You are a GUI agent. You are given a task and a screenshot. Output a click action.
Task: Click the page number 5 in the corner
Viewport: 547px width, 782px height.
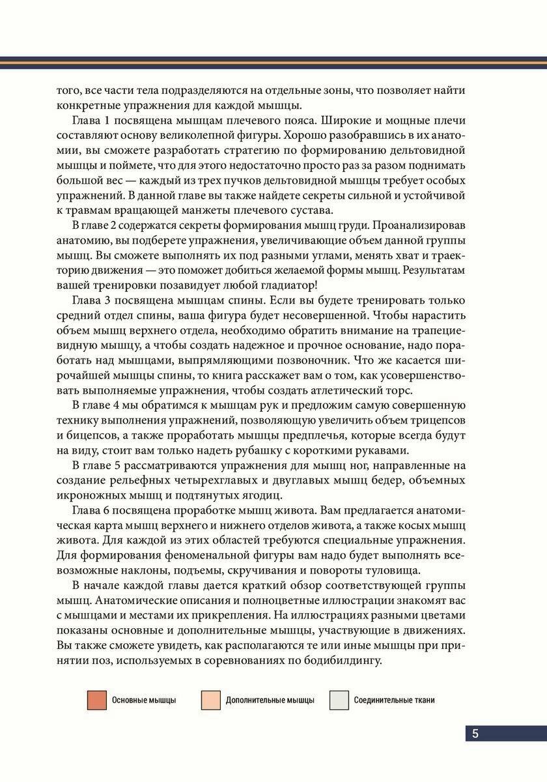(475, 733)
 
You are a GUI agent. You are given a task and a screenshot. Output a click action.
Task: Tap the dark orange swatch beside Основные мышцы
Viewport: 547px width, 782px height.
(96, 701)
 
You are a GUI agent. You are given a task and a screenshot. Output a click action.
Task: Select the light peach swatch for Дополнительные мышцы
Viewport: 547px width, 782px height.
(211, 701)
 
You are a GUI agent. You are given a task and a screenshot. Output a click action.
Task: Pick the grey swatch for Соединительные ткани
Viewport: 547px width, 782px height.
(339, 701)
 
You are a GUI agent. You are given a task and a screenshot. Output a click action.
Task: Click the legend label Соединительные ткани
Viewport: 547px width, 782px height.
(394, 701)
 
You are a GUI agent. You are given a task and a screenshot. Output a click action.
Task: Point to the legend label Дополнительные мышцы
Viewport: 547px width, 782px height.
(270, 701)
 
